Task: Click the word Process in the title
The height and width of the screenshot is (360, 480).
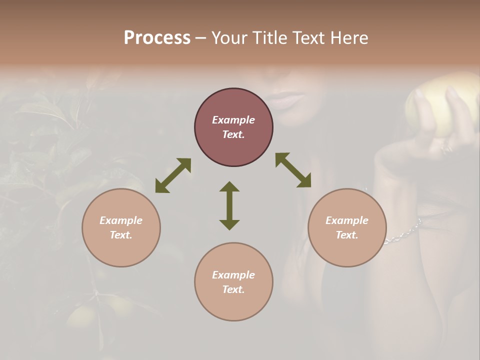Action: pyautogui.click(x=157, y=38)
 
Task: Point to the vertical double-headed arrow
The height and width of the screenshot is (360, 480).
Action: pyautogui.click(x=229, y=206)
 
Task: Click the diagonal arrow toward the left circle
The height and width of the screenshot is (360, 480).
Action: pyautogui.click(x=173, y=175)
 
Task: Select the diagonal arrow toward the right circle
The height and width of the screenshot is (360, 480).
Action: pyautogui.click(x=293, y=170)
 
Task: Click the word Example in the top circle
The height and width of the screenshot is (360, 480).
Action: pyautogui.click(x=233, y=120)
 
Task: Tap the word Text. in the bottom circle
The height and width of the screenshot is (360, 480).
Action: pyautogui.click(x=233, y=289)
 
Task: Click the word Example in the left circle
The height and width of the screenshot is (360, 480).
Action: pyautogui.click(x=121, y=220)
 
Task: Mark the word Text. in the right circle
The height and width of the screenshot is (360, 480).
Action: pyautogui.click(x=347, y=235)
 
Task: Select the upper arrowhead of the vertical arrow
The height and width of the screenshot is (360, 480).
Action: pyautogui.click(x=229, y=187)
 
